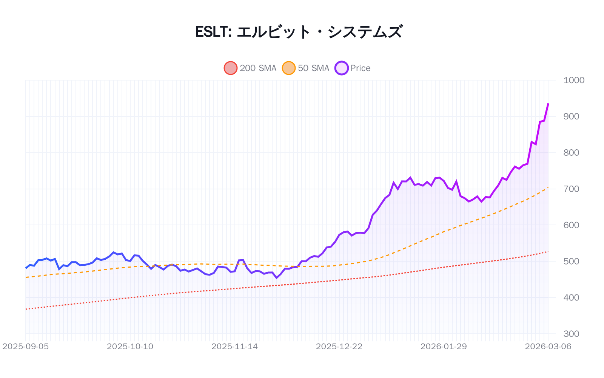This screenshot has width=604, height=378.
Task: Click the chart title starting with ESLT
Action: pos(299,32)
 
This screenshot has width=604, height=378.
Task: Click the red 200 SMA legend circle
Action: pos(230,68)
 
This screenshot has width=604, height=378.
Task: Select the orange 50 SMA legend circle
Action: pos(288,68)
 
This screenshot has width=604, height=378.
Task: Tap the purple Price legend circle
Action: pos(341,68)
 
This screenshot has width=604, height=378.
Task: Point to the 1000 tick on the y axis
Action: pos(573,80)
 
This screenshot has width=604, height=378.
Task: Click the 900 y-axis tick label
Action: pos(571,116)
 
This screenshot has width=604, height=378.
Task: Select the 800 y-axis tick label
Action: pos(571,153)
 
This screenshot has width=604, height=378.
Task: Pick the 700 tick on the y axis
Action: pos(571,189)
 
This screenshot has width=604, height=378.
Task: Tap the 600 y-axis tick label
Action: pos(571,225)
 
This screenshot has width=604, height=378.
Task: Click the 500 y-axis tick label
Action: pos(571,261)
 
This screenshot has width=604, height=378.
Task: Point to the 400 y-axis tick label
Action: pos(571,297)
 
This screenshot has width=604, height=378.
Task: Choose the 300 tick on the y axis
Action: pos(571,334)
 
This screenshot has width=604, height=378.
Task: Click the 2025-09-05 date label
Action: pos(26,347)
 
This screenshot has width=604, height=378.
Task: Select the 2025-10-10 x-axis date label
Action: pos(130,347)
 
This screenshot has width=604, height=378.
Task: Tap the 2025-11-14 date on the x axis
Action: pos(234,347)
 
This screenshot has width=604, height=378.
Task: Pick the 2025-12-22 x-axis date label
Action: pos(339,347)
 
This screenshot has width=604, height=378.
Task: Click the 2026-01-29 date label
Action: pos(444,347)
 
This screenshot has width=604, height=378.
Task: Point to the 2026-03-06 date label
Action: pos(548,347)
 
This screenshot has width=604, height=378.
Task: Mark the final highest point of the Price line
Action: pos(548,104)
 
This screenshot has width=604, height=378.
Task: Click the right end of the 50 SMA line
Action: pos(548,187)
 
